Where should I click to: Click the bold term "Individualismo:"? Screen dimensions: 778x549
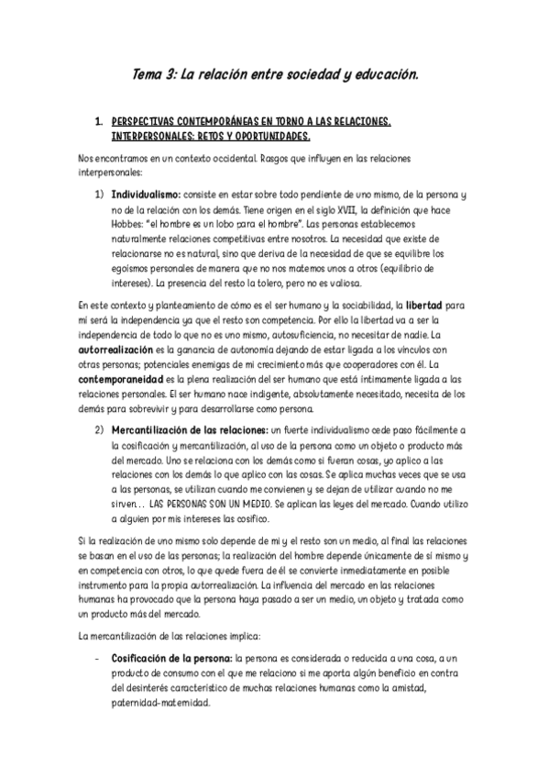146,195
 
